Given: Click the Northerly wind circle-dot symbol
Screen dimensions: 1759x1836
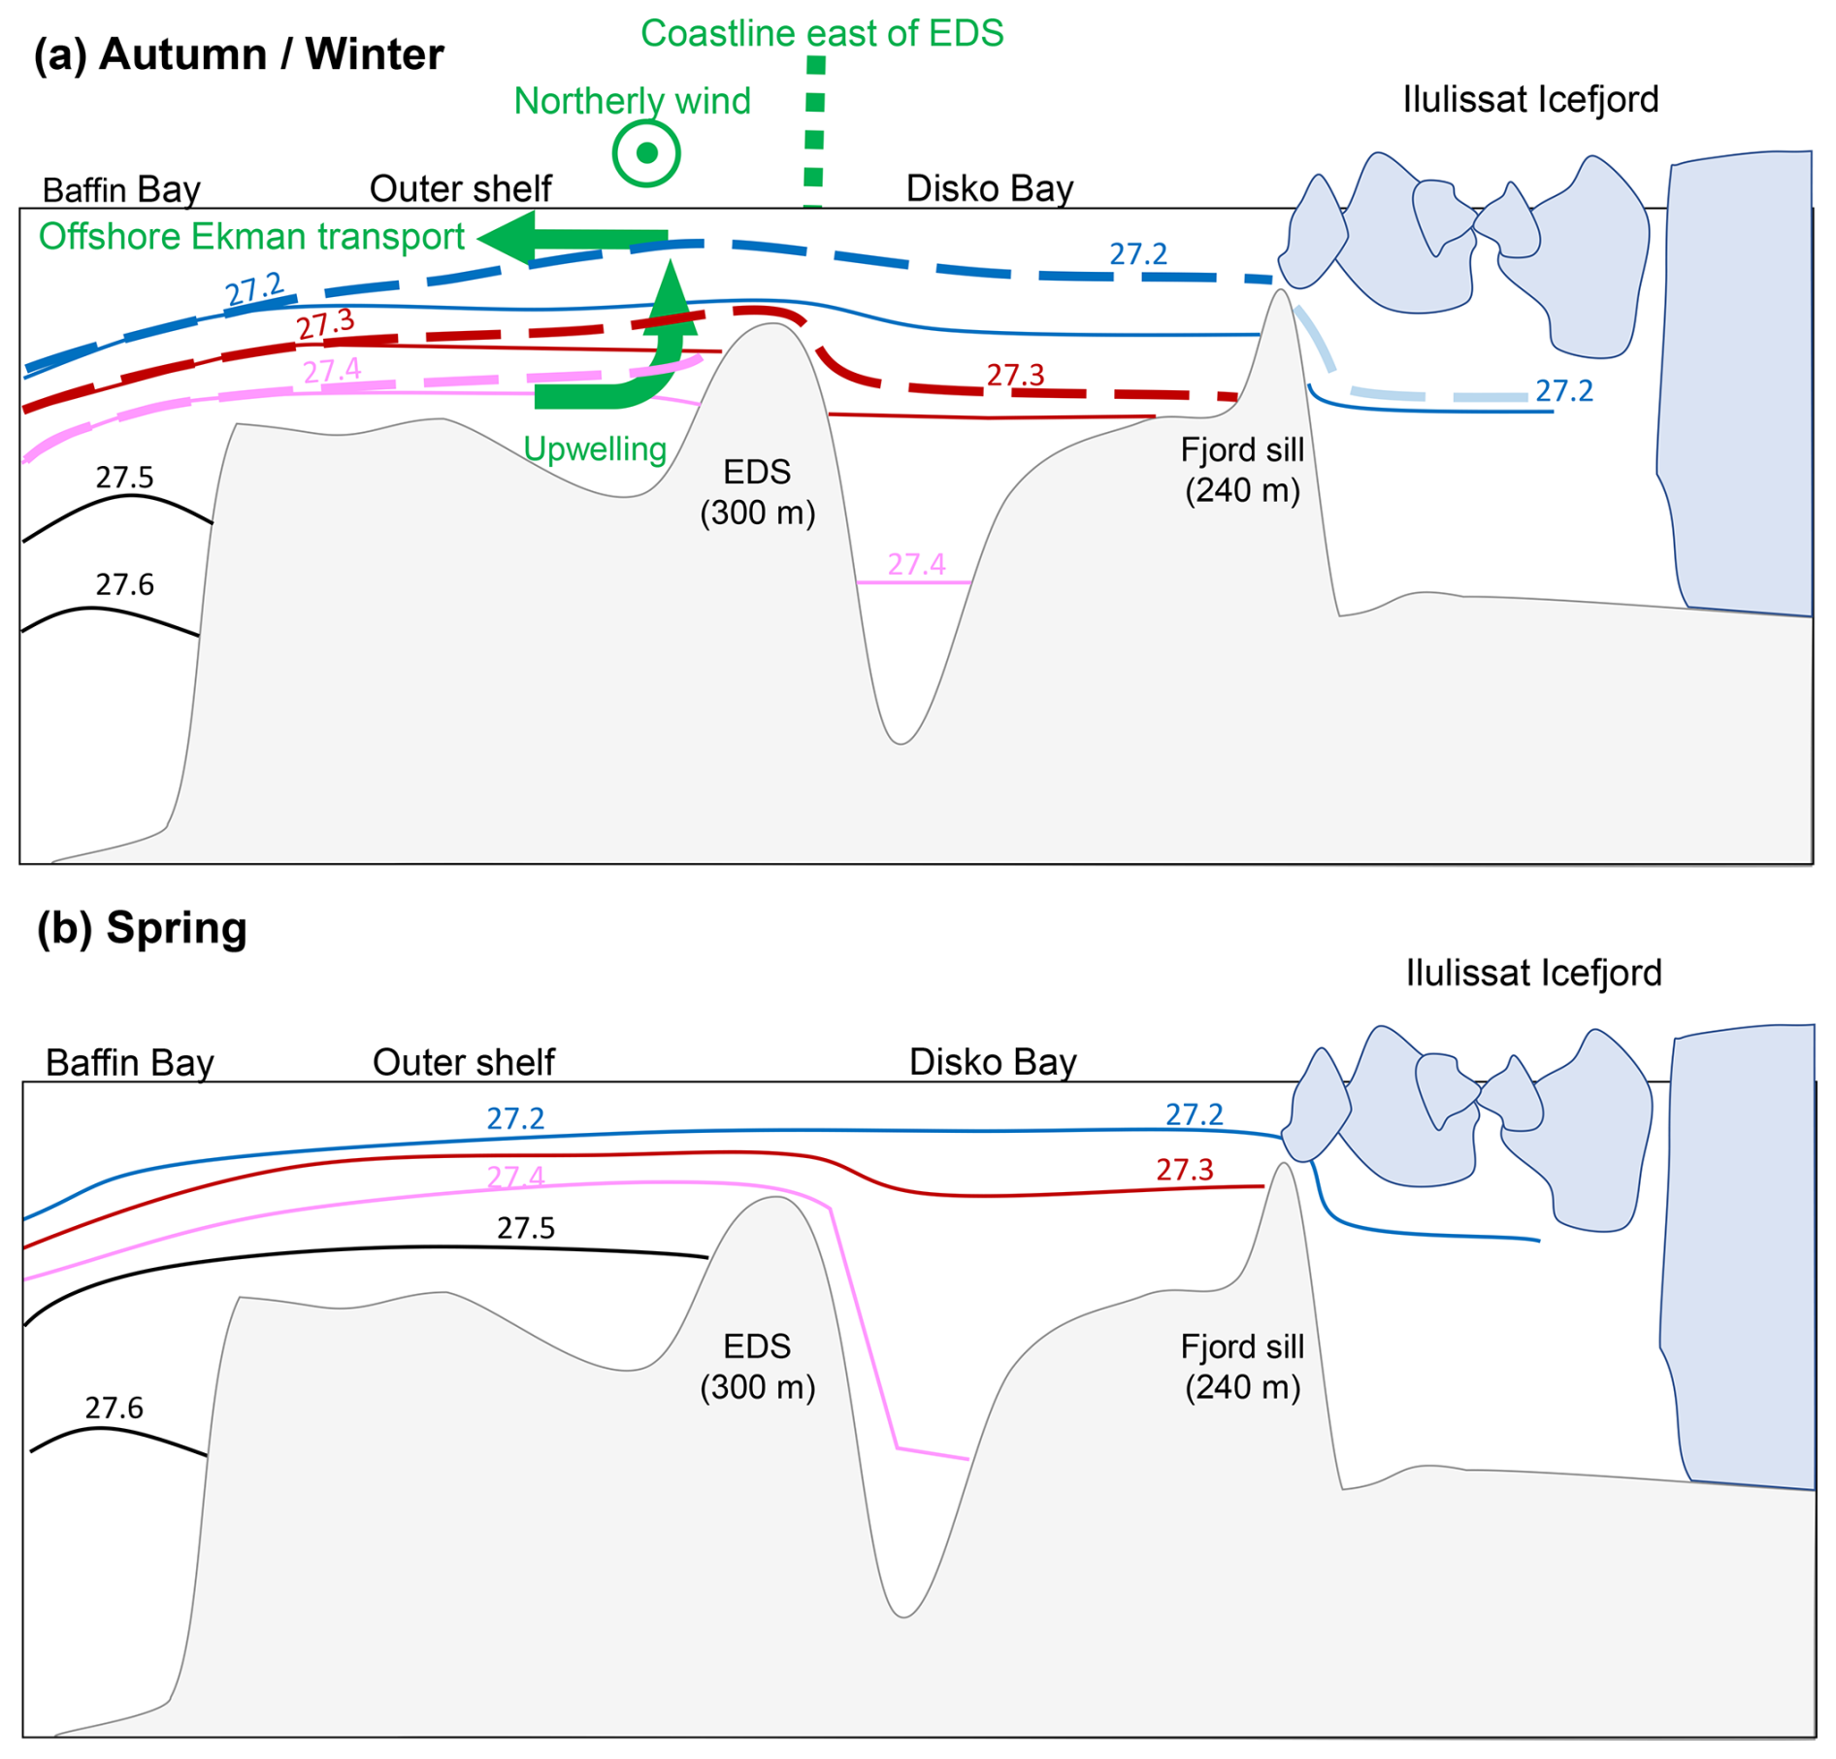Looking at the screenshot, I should point(646,153).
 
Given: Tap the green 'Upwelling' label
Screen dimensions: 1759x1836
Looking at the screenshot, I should point(595,448).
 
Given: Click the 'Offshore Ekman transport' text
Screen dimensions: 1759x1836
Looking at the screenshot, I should point(251,237).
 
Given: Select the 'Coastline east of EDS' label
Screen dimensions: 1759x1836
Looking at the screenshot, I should point(822,34).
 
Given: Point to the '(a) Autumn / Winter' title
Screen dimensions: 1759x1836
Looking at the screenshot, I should point(239,54).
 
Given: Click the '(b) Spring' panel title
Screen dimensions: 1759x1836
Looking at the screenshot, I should point(142,927).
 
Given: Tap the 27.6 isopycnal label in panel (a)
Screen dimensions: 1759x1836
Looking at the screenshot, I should point(124,584).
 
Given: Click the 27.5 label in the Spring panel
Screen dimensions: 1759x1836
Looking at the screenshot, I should point(526,1228).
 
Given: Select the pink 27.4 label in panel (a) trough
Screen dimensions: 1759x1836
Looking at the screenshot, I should point(916,564).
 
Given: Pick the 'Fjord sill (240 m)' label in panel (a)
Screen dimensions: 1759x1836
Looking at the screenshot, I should point(1242,470).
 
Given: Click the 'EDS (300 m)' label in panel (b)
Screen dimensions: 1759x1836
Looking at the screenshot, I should point(757,1366).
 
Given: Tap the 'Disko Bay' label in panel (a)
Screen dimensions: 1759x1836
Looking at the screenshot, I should point(990,188).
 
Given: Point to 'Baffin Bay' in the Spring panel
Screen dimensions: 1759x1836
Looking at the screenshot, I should point(129,1063).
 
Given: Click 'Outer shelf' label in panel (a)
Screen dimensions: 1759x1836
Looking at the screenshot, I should point(460,188).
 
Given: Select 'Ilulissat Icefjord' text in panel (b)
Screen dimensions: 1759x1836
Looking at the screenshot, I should point(1533,973).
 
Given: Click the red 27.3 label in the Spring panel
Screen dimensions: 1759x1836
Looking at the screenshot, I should point(1184,1170).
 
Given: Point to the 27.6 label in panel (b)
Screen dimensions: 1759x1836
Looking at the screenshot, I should point(114,1408).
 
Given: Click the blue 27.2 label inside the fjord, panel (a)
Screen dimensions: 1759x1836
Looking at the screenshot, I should point(1563,391).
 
